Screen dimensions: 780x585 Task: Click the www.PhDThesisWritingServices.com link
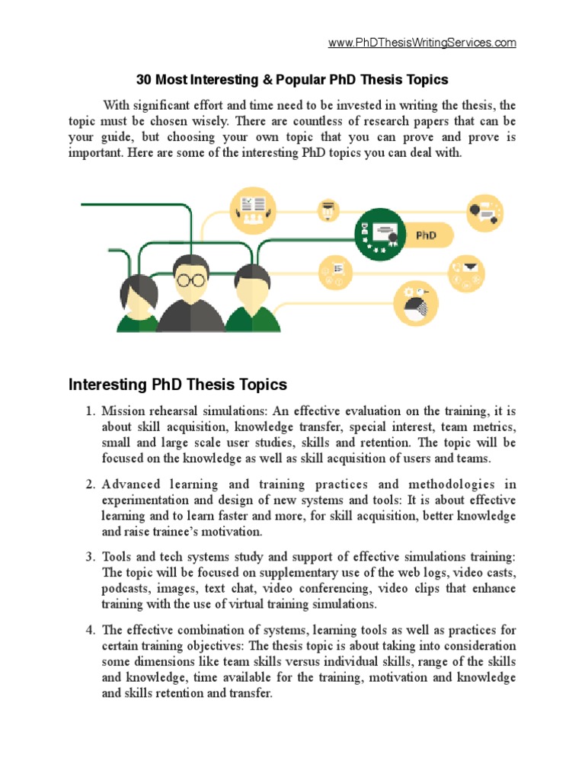422,43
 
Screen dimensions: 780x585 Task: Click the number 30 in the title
143,79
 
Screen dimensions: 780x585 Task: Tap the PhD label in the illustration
426,235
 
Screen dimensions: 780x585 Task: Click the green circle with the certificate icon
380,235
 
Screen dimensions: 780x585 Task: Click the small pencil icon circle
330,209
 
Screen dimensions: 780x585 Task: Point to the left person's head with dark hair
139,290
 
